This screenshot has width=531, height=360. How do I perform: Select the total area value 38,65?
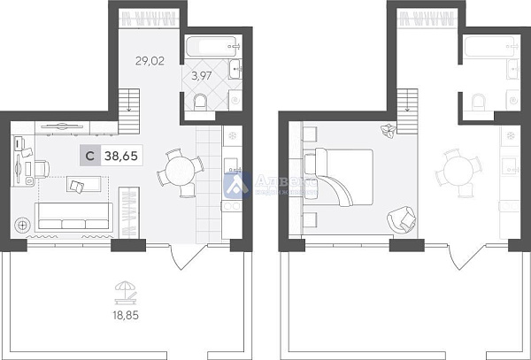[x=125, y=157]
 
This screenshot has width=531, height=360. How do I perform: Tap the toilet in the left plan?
[x=201, y=103]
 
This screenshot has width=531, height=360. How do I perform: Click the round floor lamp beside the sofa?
[x=22, y=225]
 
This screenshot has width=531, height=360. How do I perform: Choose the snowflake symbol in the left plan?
[x=233, y=136]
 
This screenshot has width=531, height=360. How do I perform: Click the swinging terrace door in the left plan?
[x=183, y=257]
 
